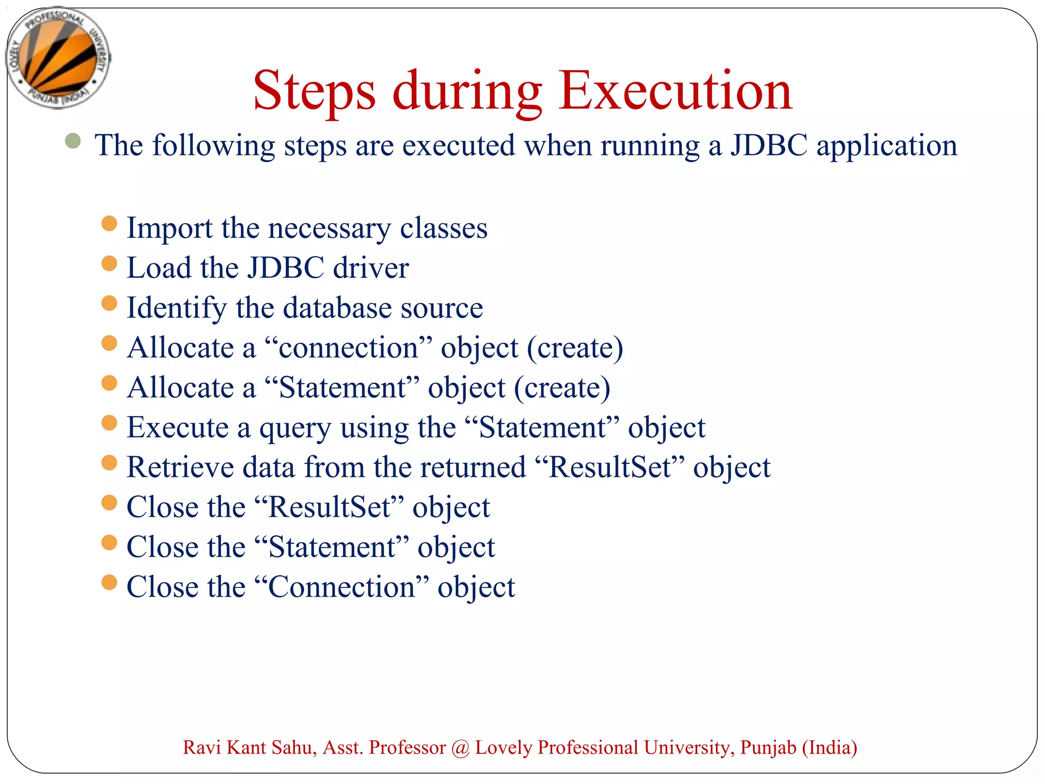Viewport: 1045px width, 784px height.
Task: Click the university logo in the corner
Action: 58,57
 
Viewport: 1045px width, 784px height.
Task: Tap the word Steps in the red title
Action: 314,92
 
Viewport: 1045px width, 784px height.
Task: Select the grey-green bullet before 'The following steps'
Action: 73,141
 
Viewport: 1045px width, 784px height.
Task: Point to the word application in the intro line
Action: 887,146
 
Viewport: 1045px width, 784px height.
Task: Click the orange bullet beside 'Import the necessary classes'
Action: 109,224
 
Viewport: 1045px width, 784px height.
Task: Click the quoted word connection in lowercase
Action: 349,348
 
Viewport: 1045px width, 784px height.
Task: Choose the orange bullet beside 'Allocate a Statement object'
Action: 109,383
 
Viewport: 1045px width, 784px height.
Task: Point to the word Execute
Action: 177,427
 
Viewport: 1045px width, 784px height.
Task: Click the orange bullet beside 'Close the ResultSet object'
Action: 109,503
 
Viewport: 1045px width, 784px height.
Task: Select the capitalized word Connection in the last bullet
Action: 341,587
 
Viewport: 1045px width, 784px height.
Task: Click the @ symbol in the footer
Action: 460,748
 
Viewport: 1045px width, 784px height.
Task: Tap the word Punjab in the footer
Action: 768,748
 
